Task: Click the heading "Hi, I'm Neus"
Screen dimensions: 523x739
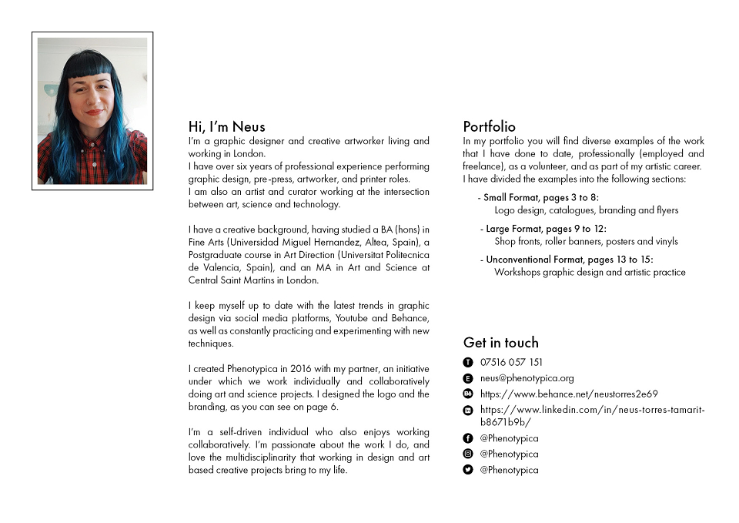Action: (226, 127)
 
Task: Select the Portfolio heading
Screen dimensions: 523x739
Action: (489, 127)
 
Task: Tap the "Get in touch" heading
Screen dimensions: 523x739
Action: (500, 343)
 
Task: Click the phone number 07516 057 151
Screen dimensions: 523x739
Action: (511, 362)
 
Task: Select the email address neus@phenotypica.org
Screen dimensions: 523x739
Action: (527, 378)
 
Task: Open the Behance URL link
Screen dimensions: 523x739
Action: (569, 394)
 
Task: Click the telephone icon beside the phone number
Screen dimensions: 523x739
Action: (467, 362)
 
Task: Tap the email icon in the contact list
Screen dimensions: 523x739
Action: (467, 378)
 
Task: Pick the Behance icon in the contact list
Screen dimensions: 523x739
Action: (467, 394)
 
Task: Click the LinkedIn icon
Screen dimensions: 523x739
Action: (467, 411)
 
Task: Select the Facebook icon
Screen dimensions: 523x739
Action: (467, 438)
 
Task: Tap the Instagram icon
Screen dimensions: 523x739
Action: (467, 454)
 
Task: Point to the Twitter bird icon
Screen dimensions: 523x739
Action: (467, 470)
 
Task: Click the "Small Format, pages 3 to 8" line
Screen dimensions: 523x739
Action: (541, 198)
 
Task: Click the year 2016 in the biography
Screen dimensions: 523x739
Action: (301, 369)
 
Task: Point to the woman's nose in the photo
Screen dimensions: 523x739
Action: (93, 100)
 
